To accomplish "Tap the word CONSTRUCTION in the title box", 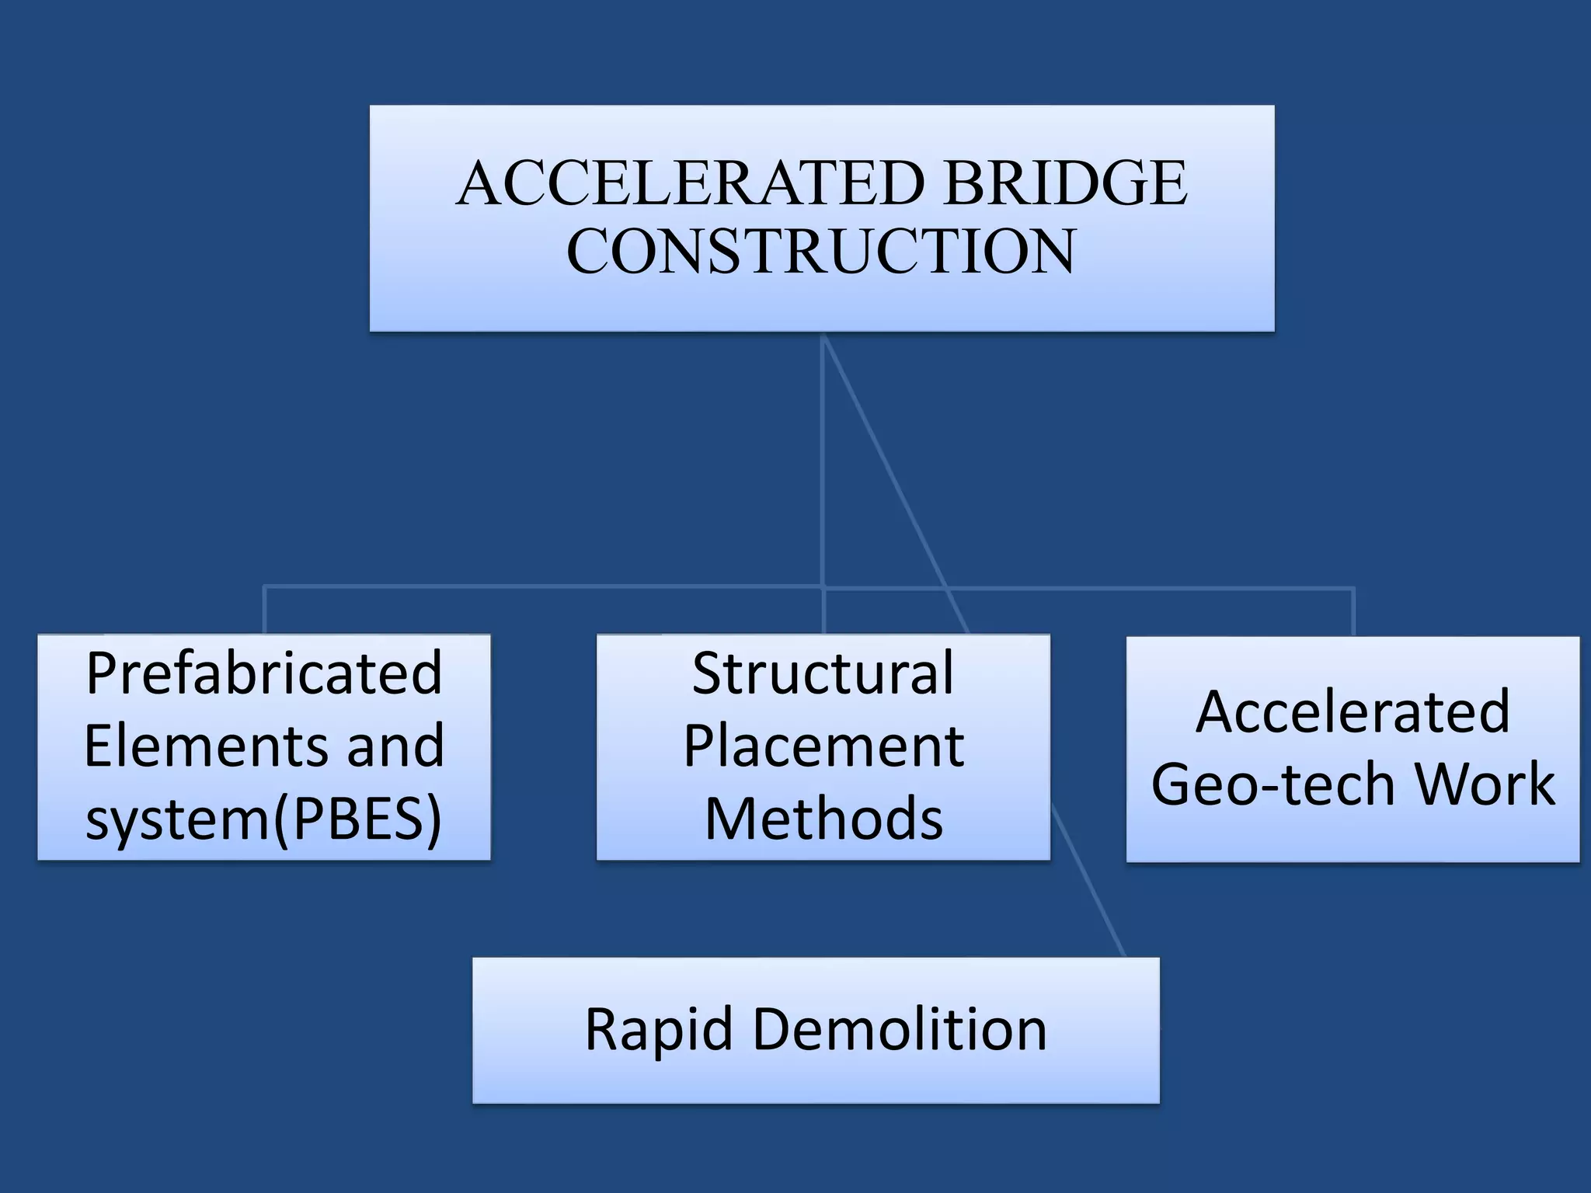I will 821,252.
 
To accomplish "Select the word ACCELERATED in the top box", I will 691,183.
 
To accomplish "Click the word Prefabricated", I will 264,673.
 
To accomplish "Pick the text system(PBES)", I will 264,819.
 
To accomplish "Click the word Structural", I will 823,673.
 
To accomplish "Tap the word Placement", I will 823,746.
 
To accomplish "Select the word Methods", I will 823,819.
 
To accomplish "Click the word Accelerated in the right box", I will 1353,711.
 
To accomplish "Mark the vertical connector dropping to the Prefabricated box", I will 265,610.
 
